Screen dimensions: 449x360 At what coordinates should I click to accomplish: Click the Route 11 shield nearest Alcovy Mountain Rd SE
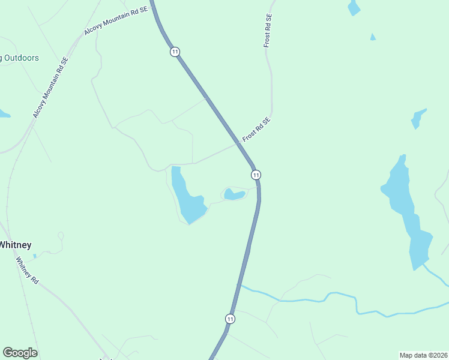click(x=175, y=52)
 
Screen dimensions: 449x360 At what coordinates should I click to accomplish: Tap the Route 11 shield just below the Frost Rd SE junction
click(x=256, y=175)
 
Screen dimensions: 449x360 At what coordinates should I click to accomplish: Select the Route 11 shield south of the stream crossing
click(x=230, y=319)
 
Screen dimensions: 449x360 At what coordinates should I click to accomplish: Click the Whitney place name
click(x=15, y=245)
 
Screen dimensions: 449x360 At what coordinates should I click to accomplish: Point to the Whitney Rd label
click(x=27, y=271)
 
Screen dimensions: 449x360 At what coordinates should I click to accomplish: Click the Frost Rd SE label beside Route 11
click(x=257, y=130)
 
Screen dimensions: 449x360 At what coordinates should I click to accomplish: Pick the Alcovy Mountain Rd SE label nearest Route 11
click(x=116, y=22)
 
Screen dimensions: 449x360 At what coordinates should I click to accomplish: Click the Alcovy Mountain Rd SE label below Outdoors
click(x=51, y=88)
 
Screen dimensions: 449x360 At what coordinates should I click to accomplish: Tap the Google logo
click(x=20, y=353)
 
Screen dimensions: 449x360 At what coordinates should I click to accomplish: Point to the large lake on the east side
click(x=408, y=210)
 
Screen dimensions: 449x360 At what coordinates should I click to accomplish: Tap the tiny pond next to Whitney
click(x=34, y=256)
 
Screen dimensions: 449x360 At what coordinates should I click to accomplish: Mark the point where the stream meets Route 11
click(x=240, y=286)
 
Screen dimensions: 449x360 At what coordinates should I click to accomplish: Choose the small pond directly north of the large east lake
click(x=418, y=119)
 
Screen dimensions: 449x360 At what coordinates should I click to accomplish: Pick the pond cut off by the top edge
click(x=354, y=7)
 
